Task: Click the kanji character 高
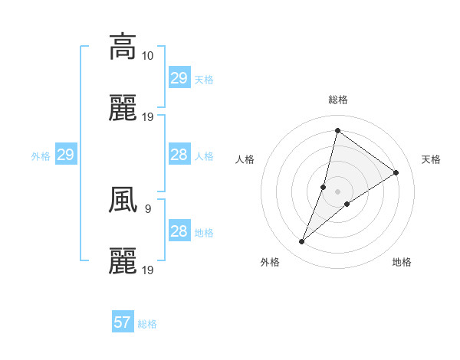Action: coord(123,46)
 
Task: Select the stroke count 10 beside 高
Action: coord(148,56)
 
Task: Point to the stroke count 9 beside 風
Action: coord(147,208)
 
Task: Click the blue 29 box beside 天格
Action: coord(179,78)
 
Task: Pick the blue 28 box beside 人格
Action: coord(179,155)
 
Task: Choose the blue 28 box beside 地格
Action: coord(179,231)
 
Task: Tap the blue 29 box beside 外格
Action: coord(65,155)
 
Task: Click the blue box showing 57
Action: coord(122,323)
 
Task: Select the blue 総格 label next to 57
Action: coord(147,324)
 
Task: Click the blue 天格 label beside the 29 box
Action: coord(203,79)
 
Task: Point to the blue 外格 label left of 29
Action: coord(41,156)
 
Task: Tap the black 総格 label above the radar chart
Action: coord(337,100)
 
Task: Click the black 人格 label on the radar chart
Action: coord(245,159)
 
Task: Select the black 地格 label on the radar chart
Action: coord(402,262)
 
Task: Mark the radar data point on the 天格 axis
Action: coord(396,172)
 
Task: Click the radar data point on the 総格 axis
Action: coord(337,130)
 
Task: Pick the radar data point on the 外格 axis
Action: coord(301,242)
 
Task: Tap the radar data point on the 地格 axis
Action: coord(347,204)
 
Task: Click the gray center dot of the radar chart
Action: coord(337,191)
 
